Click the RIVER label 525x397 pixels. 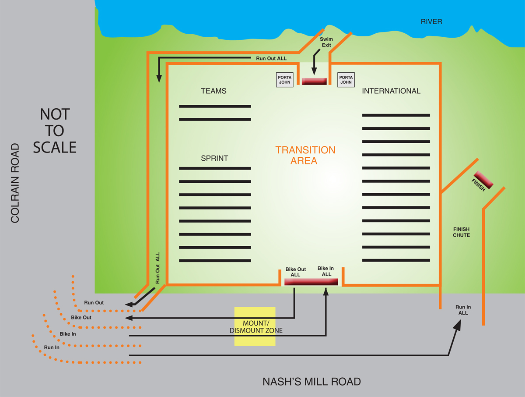[x=431, y=21]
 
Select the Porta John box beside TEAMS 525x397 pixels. [x=284, y=80]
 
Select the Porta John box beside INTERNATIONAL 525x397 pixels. [x=346, y=80]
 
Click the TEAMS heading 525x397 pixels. [x=213, y=91]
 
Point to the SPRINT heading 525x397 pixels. [x=214, y=158]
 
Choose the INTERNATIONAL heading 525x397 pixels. [x=391, y=91]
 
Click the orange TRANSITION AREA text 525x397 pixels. [x=305, y=155]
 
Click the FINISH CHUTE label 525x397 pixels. [x=462, y=232]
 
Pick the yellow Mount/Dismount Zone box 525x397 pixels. [x=255, y=326]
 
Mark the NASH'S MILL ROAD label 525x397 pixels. [x=311, y=382]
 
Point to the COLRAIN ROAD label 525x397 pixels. [x=15, y=183]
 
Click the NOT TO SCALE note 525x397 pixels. [x=55, y=131]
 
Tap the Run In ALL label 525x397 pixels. [x=463, y=310]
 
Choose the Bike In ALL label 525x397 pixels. [x=324, y=271]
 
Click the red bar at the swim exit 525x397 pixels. [x=314, y=82]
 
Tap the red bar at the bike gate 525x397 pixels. [x=311, y=282]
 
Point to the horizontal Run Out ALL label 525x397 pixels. [x=271, y=58]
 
